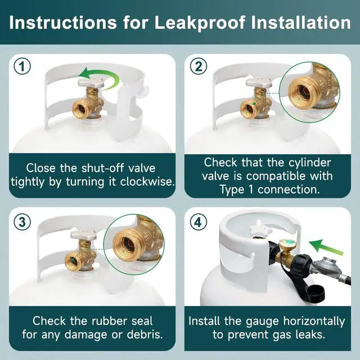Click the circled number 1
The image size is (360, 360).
tap(22, 66)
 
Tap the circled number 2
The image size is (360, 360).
tap(199, 66)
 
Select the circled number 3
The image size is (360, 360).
tap(22, 222)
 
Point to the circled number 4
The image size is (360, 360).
tap(199, 222)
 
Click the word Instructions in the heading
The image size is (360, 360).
tap(63, 22)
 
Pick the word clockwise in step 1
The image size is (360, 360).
tap(147, 182)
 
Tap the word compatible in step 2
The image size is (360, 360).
tap(289, 176)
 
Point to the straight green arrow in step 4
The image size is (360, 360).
tap(326, 247)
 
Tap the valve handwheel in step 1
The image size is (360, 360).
tap(91, 83)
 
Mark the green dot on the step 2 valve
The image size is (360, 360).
tap(254, 103)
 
